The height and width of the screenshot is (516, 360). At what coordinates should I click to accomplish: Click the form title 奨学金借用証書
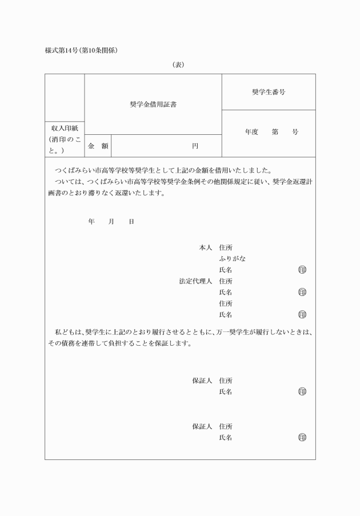pos(153,105)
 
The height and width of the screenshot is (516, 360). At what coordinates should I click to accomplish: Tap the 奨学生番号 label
pos(269,92)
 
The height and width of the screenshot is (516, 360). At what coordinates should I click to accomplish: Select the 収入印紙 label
pos(65,129)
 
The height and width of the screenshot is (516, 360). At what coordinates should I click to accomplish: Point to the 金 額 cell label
pos(98,146)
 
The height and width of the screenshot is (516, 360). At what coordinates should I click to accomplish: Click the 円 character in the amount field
pos(195,146)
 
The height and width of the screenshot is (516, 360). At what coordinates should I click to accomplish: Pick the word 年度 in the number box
pos(252,132)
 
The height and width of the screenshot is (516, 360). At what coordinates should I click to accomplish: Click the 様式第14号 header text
pos(64,50)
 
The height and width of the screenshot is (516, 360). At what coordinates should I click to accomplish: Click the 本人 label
pos(205,248)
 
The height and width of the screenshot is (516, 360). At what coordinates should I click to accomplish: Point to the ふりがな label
pos(233,259)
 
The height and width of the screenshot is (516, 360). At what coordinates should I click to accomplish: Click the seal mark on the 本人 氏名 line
pos(302,270)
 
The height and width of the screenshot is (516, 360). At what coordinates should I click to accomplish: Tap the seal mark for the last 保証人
pos(302,438)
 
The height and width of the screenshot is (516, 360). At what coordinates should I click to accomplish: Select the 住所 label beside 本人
pos(226,248)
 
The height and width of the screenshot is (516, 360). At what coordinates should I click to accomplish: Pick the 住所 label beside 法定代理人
pos(226,281)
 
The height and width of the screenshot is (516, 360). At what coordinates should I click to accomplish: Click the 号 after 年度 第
pos(295,132)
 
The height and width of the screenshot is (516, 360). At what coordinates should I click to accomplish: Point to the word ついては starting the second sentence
pos(67,181)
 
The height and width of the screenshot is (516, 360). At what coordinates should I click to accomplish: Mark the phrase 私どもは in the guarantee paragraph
pos(68,332)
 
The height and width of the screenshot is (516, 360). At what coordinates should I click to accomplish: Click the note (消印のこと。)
pos(65,145)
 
